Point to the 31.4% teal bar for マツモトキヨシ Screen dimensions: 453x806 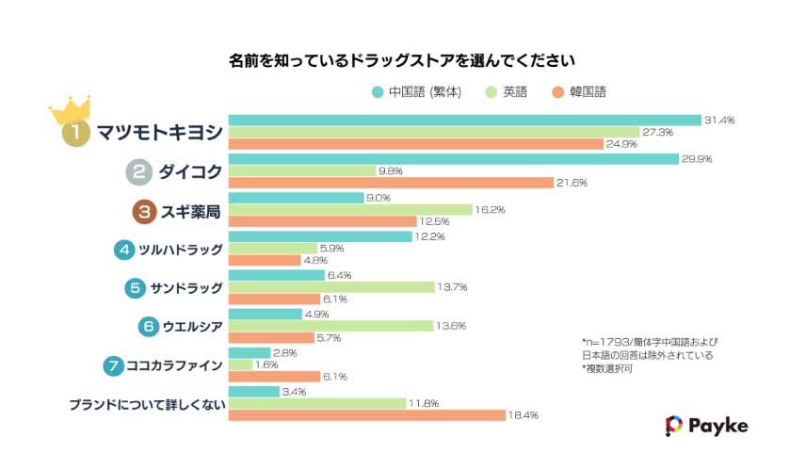(x=464, y=121)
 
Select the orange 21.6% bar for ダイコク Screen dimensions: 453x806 (x=390, y=182)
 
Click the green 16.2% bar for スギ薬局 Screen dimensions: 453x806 (x=349, y=210)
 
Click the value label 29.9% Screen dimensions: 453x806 (x=697, y=159)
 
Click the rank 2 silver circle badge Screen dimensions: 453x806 (x=139, y=171)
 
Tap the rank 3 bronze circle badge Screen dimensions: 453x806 (x=144, y=212)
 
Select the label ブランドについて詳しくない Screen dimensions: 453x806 (x=145, y=404)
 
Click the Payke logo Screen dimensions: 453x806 (x=706, y=426)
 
